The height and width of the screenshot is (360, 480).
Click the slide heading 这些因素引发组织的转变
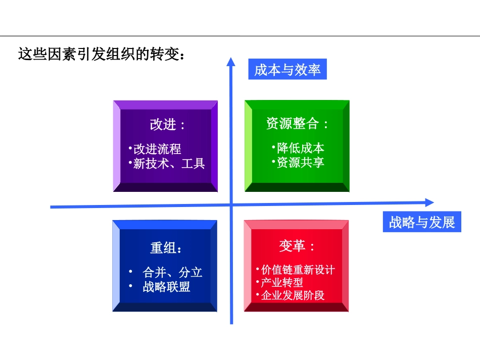pyautogui.click(x=101, y=54)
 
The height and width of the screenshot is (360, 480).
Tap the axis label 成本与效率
pyautogui.click(x=287, y=70)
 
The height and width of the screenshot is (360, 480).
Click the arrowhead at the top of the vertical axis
pyautogui.click(x=231, y=62)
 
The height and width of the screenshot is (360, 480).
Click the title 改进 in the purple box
pyautogui.click(x=166, y=124)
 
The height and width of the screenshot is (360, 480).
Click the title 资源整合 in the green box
pyautogui.click(x=297, y=124)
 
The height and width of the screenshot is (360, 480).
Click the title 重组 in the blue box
pyautogui.click(x=166, y=248)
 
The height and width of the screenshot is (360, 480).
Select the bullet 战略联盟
pyautogui.click(x=167, y=287)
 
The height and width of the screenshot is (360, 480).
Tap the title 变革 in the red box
pyautogui.click(x=296, y=246)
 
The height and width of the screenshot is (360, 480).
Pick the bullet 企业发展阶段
pyautogui.click(x=293, y=295)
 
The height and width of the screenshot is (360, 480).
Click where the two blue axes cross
pyautogui.click(x=231, y=204)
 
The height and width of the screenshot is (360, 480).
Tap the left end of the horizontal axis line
pyautogui.click(x=52, y=207)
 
